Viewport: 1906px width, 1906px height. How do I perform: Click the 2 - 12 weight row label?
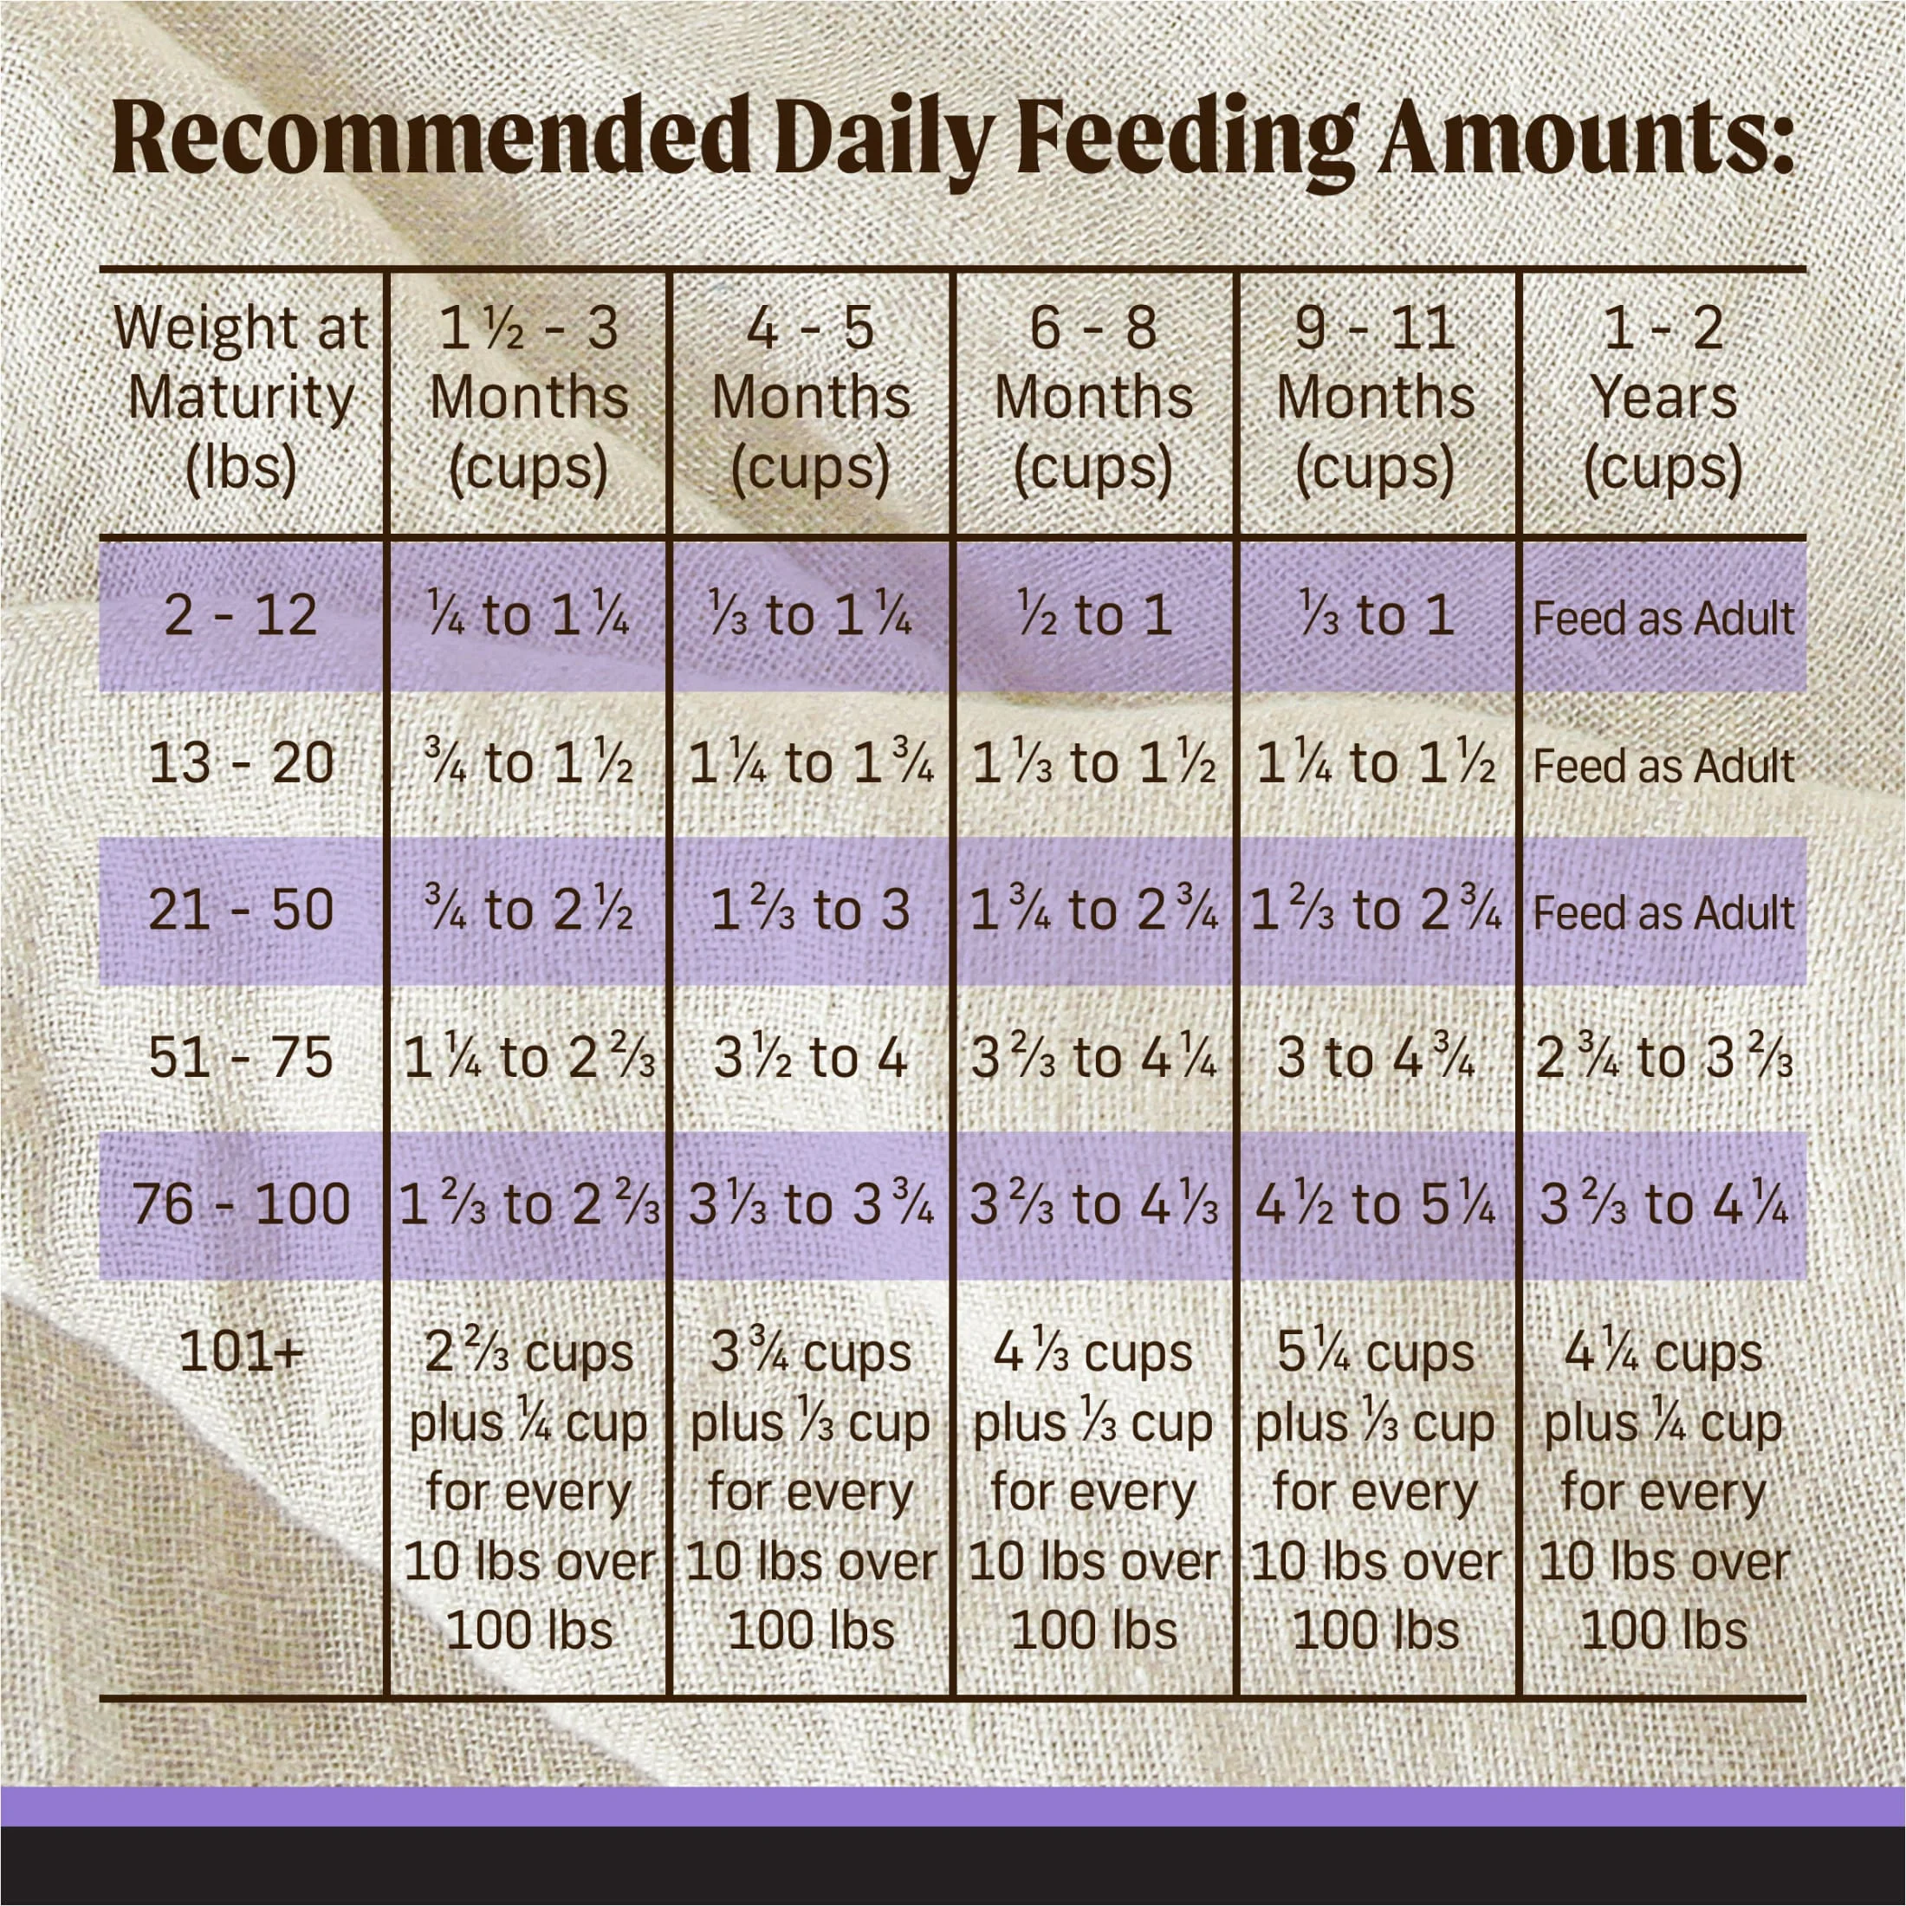click(x=241, y=616)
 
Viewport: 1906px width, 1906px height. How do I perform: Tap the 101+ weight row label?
click(x=241, y=1352)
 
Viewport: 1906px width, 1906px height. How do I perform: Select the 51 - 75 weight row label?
click(x=241, y=1059)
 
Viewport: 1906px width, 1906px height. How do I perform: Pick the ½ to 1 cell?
click(x=1093, y=616)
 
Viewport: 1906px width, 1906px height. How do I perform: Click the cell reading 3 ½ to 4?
click(x=811, y=1059)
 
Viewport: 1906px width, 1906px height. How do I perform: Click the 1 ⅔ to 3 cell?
click(x=811, y=911)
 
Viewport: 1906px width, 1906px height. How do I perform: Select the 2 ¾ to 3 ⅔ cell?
click(x=1663, y=1059)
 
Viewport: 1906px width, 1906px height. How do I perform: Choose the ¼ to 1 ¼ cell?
click(x=528, y=616)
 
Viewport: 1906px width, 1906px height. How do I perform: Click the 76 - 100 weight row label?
click(x=241, y=1204)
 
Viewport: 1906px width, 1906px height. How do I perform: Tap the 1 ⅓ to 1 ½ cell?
click(x=1093, y=763)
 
